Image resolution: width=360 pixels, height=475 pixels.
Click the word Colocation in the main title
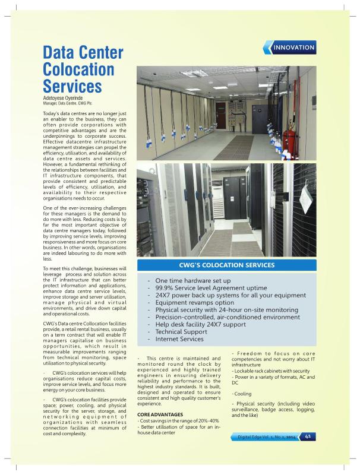pos(78,69)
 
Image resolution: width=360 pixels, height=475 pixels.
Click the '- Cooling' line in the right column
pos(242,394)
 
